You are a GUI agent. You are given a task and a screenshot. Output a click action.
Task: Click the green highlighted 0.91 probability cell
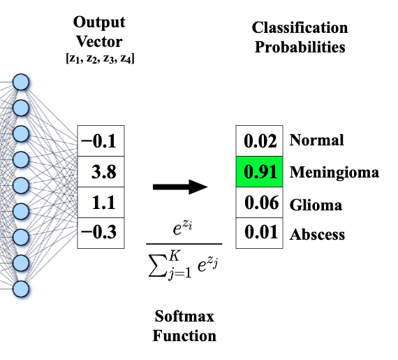pos(259,171)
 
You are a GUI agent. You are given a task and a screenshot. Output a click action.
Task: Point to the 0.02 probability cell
pos(259,143)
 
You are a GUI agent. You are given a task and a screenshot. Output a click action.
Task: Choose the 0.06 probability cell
pos(259,205)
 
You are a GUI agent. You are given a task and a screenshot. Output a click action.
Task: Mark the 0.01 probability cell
pos(259,233)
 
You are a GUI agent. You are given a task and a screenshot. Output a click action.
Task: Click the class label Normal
pos(316,140)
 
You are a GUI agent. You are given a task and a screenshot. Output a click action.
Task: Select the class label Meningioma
pos(334,172)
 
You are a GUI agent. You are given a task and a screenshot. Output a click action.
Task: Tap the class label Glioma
pos(316,205)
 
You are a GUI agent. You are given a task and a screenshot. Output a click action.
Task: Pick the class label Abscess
pos(317,234)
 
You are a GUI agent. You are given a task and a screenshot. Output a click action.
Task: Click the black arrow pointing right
pos(181,187)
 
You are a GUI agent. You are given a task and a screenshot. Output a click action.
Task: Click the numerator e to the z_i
pos(184,229)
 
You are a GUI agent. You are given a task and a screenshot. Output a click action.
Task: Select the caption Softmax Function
pos(184,326)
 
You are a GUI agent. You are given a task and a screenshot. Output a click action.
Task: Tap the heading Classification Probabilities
pos(300,37)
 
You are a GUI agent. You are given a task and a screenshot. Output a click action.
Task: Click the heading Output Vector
pos(101,31)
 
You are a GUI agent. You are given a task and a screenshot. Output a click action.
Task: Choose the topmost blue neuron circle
pos(21,82)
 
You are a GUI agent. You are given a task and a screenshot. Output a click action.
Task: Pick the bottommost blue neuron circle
pos(21,288)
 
